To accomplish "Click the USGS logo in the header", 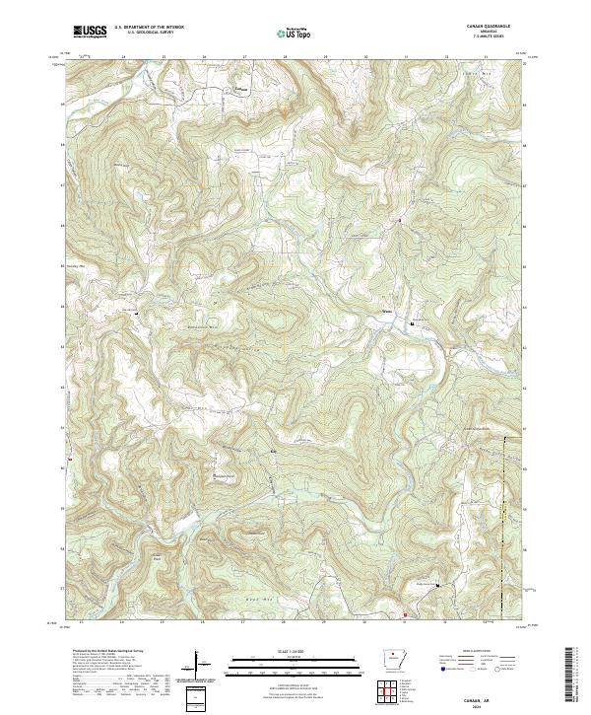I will (91, 32).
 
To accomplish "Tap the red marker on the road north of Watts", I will (399, 220).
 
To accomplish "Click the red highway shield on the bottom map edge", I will (404, 616).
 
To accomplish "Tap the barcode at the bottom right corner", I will (568, 677).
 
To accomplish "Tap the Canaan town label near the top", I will (238, 86).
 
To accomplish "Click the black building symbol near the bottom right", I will (438, 585).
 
